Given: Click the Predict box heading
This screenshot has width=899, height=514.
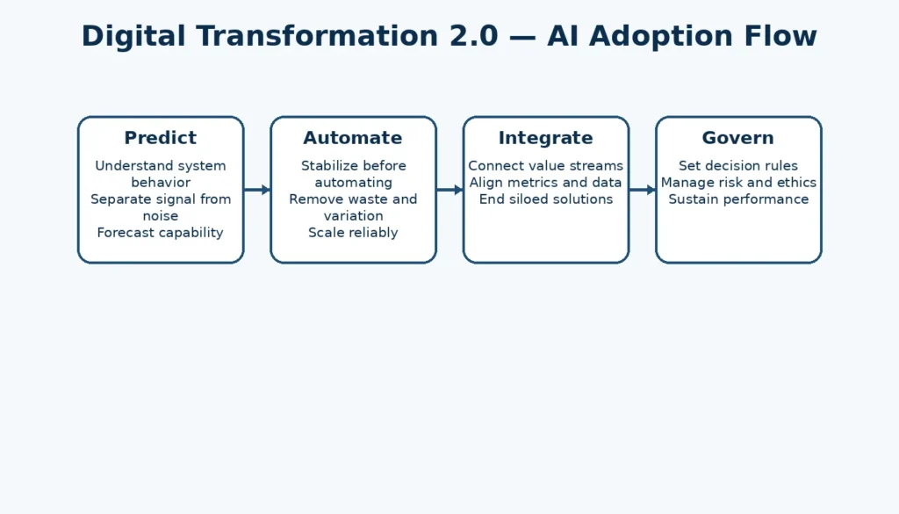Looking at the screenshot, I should click(160, 138).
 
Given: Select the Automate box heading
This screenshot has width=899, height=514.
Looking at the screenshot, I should click(353, 138).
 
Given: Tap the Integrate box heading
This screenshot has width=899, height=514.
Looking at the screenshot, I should click(545, 138).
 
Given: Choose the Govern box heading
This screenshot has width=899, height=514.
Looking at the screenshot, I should click(738, 138).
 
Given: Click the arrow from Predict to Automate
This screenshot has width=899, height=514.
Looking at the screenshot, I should click(256, 190).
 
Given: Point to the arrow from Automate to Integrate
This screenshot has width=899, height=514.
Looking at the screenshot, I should click(449, 190).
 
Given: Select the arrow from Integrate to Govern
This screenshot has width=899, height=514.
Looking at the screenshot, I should click(642, 190).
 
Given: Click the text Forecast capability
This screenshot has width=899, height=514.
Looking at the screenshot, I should click(160, 233).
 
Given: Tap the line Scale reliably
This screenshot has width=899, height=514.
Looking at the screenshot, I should click(353, 233).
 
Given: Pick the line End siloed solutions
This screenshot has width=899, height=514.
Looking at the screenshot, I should click(545, 199).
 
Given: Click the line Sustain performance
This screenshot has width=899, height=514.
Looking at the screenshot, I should click(738, 199).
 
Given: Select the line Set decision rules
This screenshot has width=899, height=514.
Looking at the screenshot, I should click(738, 166).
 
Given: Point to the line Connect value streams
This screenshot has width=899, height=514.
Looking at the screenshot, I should click(545, 166).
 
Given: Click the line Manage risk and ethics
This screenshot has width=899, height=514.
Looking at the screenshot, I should click(738, 183).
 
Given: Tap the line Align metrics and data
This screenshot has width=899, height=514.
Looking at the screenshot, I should click(545, 183).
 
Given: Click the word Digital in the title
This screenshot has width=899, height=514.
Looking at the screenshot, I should click(133, 37).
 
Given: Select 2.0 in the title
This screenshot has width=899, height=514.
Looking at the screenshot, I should click(479, 37).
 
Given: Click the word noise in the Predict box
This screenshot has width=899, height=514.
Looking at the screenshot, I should click(160, 216).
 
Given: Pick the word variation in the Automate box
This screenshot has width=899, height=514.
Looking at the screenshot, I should click(353, 216).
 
